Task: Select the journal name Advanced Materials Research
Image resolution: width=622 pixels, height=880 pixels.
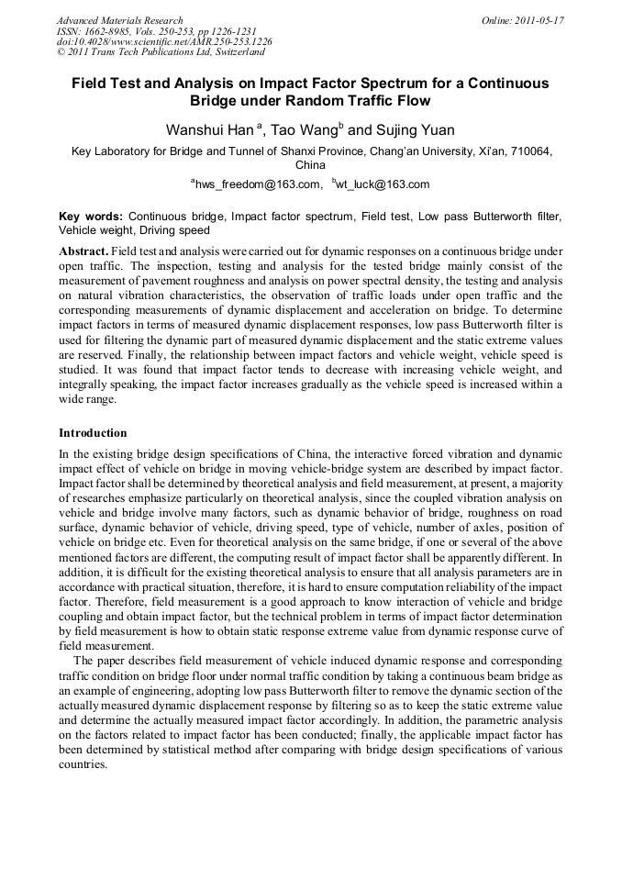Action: (x=120, y=20)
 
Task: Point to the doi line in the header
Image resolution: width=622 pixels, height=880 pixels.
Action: (x=164, y=41)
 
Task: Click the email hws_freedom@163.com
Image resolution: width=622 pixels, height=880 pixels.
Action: (x=258, y=184)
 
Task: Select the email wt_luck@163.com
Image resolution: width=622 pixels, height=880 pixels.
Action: (x=382, y=184)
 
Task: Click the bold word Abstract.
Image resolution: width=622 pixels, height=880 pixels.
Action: (x=83, y=251)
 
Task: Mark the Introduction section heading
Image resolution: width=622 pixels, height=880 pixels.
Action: (x=93, y=432)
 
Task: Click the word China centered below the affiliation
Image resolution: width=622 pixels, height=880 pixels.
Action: (x=310, y=166)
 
